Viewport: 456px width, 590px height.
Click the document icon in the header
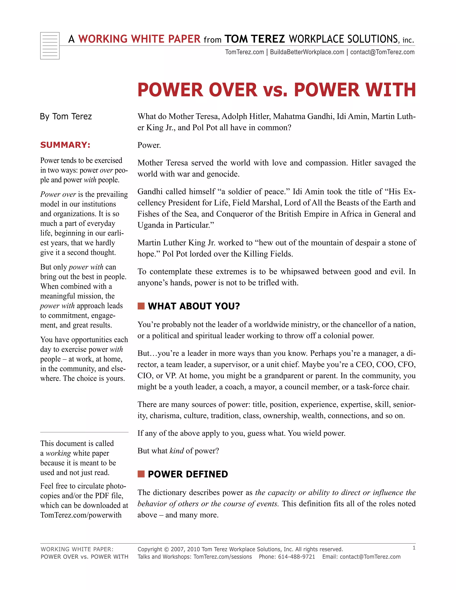(50, 46)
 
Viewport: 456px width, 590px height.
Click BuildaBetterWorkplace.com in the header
(307, 52)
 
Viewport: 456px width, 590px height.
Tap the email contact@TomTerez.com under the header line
(382, 52)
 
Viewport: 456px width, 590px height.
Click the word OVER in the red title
(233, 90)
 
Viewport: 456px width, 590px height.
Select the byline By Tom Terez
(66, 116)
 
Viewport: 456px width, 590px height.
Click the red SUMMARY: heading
(65, 145)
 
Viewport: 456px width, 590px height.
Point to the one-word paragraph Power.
(149, 145)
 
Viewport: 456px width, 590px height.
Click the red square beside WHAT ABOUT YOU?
(141, 306)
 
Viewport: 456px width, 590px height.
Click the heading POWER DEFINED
(188, 474)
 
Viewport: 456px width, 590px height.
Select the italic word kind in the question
(176, 451)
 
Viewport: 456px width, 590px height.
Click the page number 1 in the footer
(414, 548)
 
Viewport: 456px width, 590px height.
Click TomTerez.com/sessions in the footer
(223, 557)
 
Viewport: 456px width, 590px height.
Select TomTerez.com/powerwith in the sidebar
(81, 515)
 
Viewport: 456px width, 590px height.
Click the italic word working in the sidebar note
(58, 453)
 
